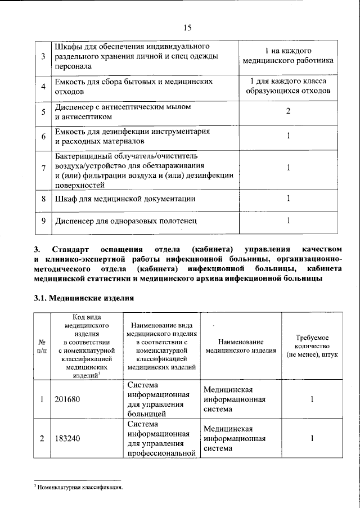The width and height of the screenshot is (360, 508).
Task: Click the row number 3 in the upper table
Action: pos(43,57)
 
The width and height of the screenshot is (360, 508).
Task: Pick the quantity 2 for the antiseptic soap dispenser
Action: pos(287,111)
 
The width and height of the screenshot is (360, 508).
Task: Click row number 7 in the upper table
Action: pos(43,168)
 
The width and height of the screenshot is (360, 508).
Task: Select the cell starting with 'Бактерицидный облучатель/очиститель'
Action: pos(143,168)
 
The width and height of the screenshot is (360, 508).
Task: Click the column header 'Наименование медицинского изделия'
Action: pos(241,346)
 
